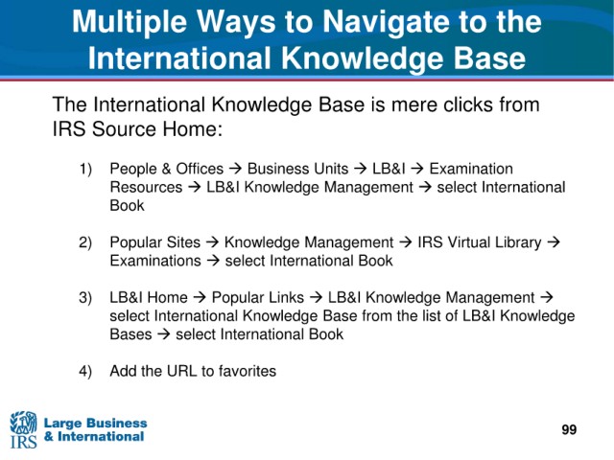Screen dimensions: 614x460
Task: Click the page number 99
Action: [569, 429]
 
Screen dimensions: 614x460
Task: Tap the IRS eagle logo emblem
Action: [23, 423]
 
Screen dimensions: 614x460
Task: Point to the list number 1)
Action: [85, 170]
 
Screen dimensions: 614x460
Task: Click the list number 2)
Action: [85, 242]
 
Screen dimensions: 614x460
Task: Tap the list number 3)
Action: [85, 298]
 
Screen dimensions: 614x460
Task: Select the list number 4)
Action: [85, 371]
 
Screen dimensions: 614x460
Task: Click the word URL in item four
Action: [181, 371]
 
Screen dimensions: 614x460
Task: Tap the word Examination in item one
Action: [471, 169]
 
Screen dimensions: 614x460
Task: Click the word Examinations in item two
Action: [155, 261]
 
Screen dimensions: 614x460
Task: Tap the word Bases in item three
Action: [130, 334]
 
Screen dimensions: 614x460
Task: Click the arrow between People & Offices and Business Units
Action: [235, 169]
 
